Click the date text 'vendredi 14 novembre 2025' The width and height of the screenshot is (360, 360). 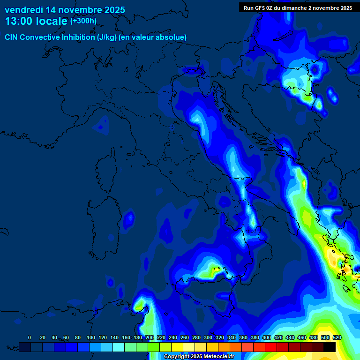point(65,10)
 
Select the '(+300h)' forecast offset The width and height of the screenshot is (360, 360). point(83,21)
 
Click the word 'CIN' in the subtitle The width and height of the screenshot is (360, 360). point(12,37)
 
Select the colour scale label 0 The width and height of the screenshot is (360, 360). point(30,338)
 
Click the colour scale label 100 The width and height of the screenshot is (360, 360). point(90,338)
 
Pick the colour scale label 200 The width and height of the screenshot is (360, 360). point(149,338)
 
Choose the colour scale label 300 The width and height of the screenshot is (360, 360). point(208,338)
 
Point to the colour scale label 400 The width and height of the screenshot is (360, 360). point(266,338)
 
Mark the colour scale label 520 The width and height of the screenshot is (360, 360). point(337,338)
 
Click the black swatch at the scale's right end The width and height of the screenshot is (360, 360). point(330,347)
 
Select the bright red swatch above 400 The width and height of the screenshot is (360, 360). point(271,347)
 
